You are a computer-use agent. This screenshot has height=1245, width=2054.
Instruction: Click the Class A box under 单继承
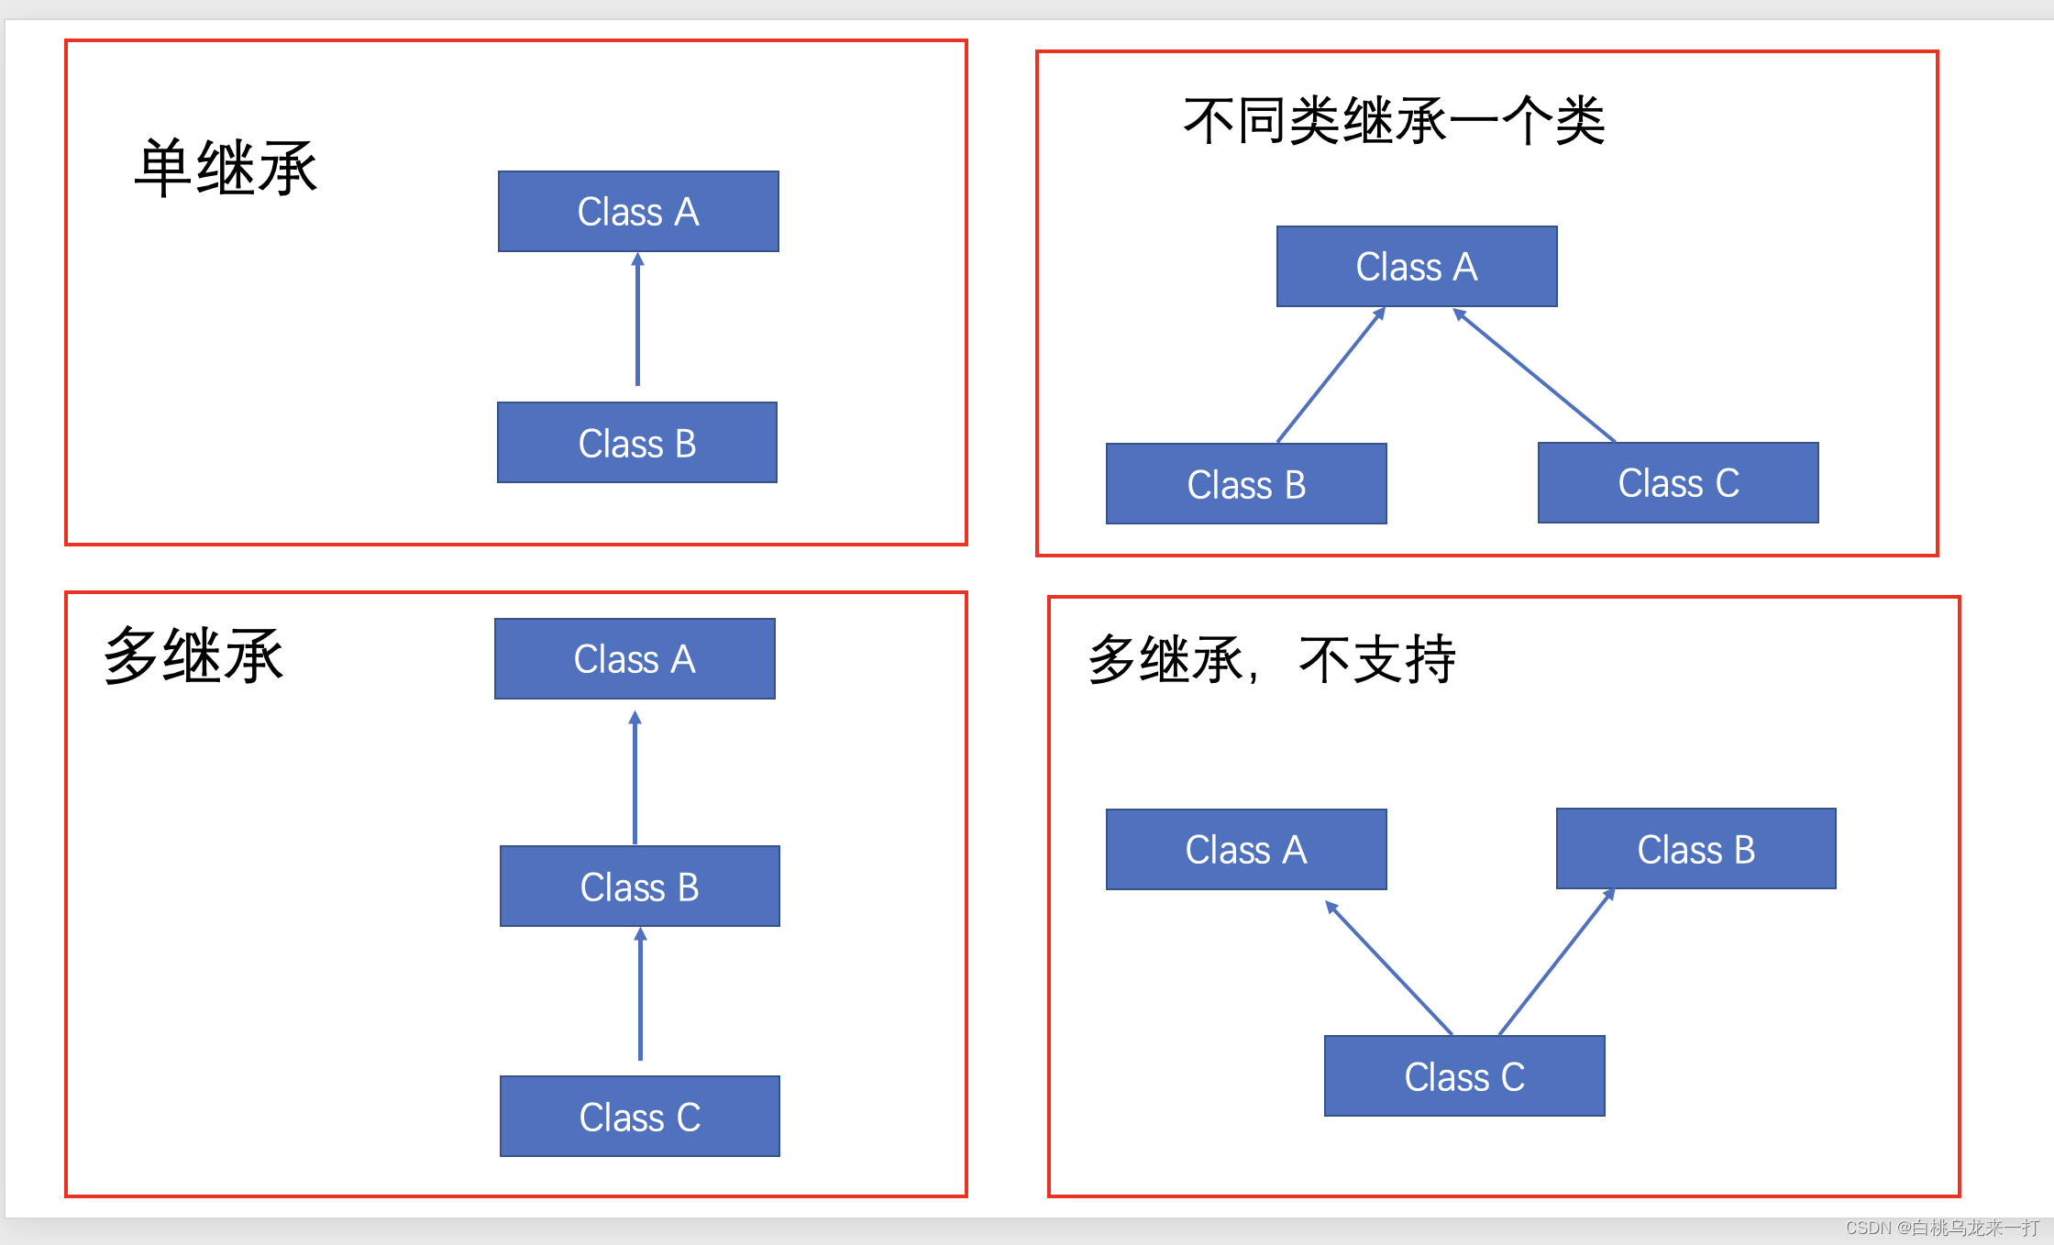[638, 212]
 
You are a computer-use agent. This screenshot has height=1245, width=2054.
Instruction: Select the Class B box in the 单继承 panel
[637, 443]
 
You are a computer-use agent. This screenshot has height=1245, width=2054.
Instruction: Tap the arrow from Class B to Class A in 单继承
[637, 321]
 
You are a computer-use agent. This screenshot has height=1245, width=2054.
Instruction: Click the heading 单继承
[226, 168]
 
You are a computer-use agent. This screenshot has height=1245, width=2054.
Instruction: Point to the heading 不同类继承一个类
[1394, 120]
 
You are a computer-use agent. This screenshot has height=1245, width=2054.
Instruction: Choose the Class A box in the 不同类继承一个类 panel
[1417, 267]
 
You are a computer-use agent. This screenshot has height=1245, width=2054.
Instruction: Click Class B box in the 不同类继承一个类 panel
[1246, 484]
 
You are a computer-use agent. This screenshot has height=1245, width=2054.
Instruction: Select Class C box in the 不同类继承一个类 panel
[1678, 483]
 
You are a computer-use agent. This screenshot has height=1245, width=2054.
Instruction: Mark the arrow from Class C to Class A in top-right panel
[1535, 377]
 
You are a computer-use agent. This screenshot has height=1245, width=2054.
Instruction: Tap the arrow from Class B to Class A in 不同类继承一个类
[1331, 377]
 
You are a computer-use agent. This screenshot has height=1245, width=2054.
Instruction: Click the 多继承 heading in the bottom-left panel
[193, 656]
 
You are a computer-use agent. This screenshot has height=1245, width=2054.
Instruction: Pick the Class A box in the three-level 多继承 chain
[635, 659]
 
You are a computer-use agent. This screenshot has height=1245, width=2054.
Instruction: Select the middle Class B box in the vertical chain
[639, 887]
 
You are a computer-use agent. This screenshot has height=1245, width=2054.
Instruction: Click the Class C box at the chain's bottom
[639, 1117]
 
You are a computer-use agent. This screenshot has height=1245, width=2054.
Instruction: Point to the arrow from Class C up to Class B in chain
[640, 995]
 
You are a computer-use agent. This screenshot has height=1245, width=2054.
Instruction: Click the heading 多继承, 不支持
[1272, 659]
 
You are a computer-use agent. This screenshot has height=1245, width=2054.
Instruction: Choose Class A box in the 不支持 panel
[1246, 850]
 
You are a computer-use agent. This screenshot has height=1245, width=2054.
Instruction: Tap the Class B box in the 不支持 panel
[1695, 849]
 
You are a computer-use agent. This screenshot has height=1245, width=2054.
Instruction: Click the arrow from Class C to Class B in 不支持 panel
[1556, 963]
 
